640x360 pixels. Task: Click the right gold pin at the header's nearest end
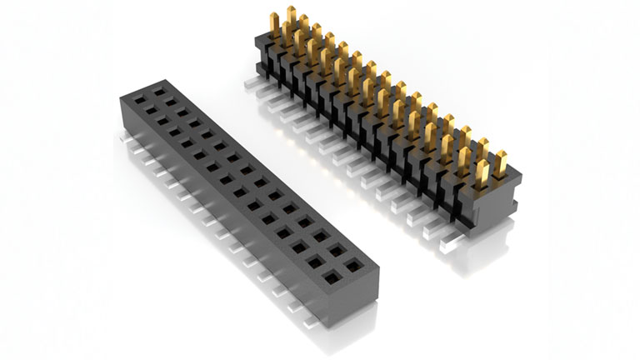(502, 162)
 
